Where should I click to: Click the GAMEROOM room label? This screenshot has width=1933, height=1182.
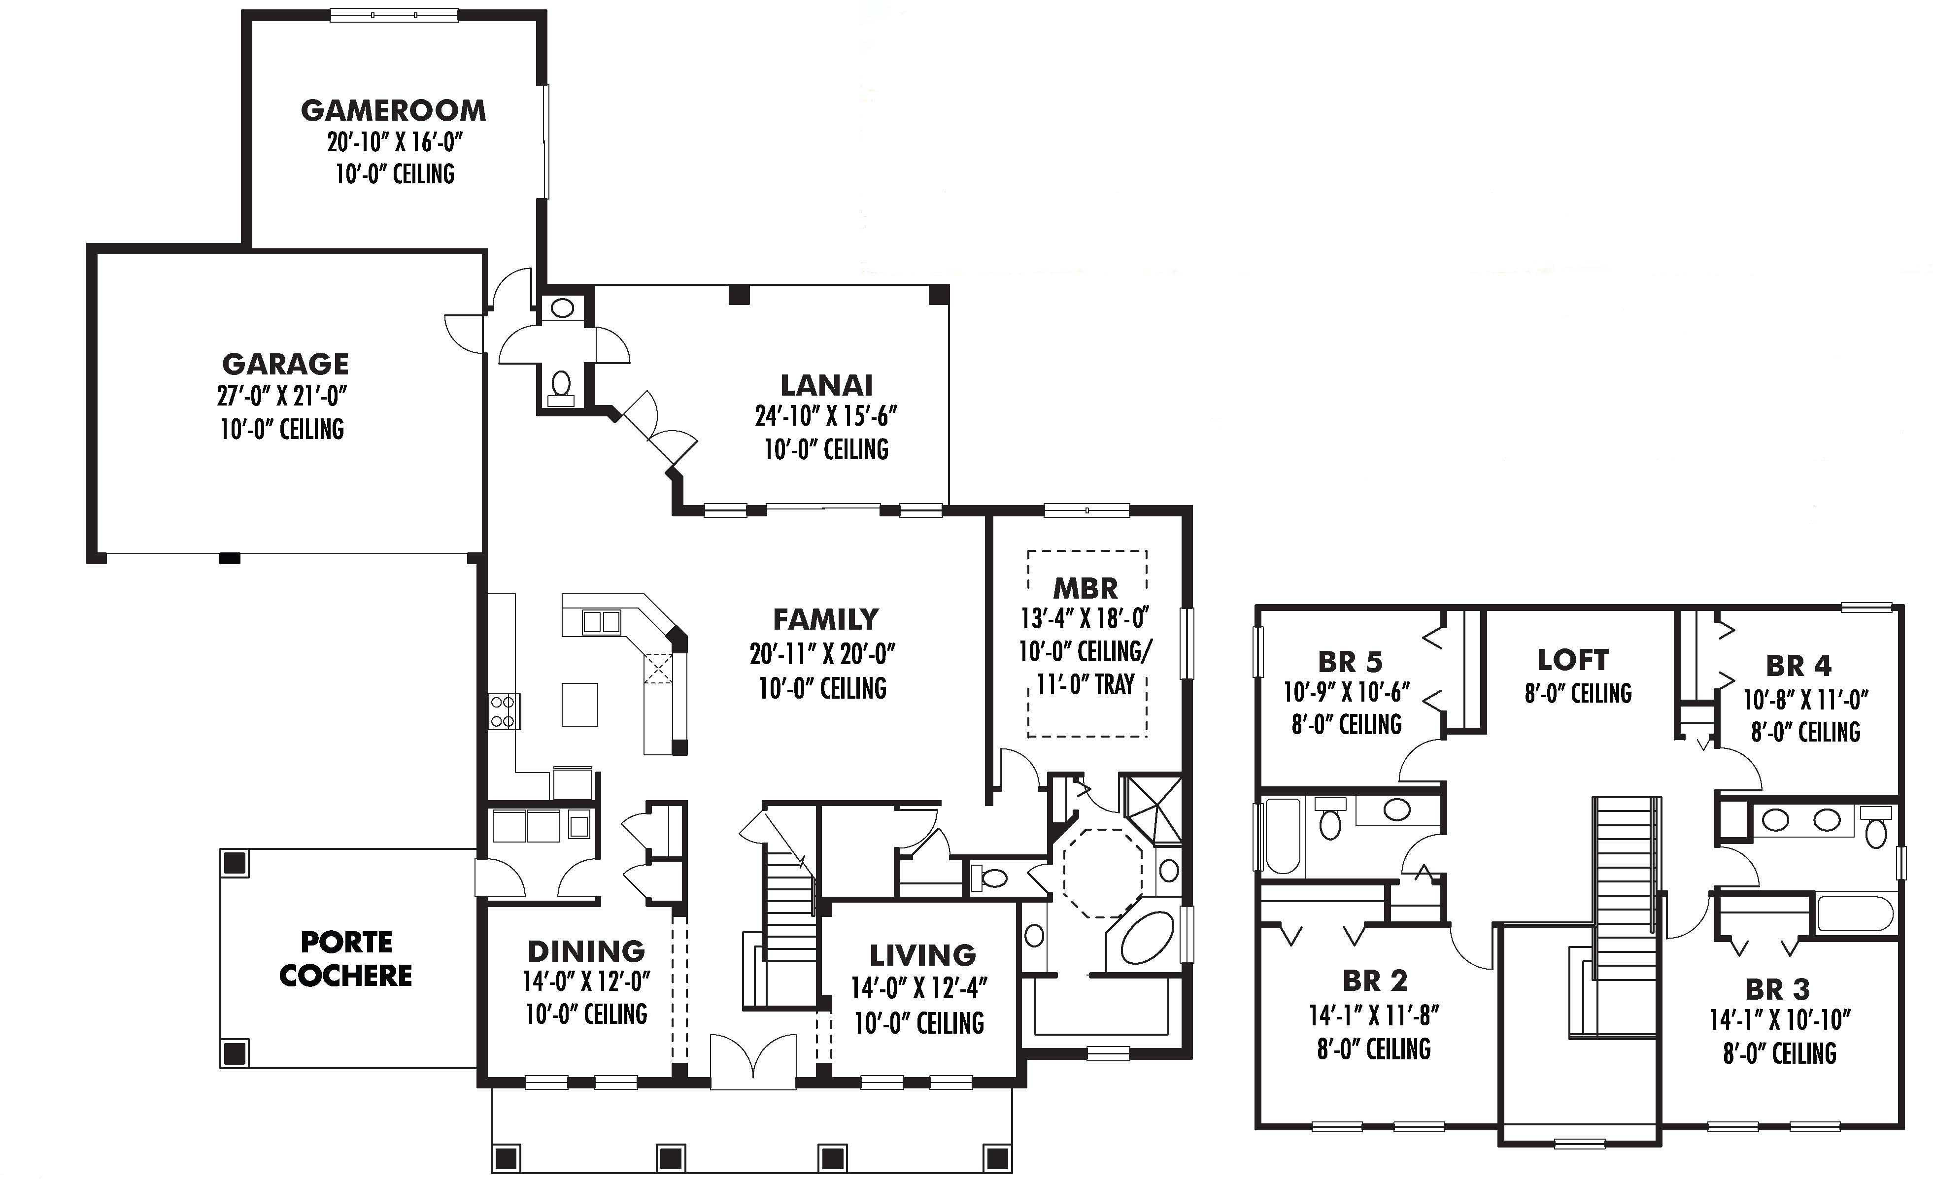point(393,110)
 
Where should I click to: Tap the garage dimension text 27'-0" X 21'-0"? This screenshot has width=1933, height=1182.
point(282,396)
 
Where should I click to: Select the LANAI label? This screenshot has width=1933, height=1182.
point(826,385)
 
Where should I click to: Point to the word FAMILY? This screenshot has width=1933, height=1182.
point(825,620)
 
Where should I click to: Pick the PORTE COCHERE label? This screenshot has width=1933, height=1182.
point(346,958)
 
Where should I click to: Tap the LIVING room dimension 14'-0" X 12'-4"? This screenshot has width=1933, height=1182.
point(919,988)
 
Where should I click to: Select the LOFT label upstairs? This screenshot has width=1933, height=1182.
point(1573,660)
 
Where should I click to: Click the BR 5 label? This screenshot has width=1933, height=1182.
point(1350,662)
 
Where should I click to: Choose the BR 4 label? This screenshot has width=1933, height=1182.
point(1799,666)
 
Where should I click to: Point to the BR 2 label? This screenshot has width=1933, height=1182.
point(1375,980)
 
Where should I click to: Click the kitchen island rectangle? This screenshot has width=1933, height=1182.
point(580,705)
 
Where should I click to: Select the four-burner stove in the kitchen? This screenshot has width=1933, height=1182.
point(503,711)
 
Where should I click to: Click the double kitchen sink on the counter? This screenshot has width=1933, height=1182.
point(602,622)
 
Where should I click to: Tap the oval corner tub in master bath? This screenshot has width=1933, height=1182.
point(1147,938)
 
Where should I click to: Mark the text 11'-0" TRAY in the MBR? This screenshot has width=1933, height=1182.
point(1086,685)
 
